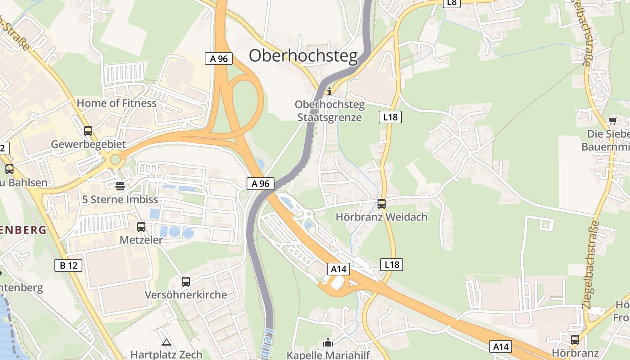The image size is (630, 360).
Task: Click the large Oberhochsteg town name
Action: click(x=303, y=56)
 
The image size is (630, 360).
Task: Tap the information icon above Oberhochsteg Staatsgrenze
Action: click(x=329, y=91)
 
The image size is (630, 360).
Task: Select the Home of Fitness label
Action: click(x=117, y=103)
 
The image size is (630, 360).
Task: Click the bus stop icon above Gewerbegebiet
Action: click(x=88, y=131)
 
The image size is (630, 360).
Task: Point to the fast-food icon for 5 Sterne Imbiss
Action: click(x=120, y=186)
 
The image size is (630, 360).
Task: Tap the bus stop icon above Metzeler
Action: click(x=141, y=227)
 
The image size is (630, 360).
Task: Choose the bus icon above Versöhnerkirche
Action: click(x=186, y=282)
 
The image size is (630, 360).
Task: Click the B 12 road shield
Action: click(x=68, y=265)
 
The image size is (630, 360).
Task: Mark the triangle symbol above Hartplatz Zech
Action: click(x=166, y=342)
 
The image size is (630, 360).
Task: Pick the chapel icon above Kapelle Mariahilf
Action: click(x=328, y=343)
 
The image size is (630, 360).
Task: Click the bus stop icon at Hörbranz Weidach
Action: click(x=382, y=204)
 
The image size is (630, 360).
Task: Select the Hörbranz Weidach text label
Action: click(x=382, y=217)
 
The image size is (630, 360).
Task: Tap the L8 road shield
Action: click(x=452, y=3)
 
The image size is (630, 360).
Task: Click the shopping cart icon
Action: click(x=612, y=121)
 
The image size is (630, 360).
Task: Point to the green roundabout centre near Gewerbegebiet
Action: click(x=116, y=159)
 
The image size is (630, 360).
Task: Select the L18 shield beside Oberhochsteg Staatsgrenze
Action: click(x=390, y=117)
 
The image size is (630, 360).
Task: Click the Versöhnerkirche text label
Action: click(x=186, y=295)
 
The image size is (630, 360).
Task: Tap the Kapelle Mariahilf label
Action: click(x=328, y=355)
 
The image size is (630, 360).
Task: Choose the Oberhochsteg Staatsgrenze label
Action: click(x=329, y=111)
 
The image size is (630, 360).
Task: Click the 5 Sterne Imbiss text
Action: click(x=120, y=199)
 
